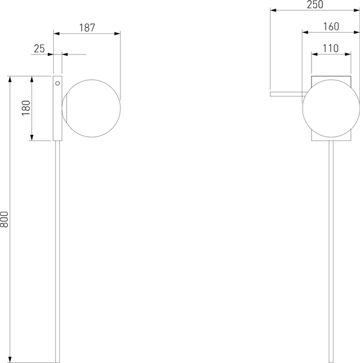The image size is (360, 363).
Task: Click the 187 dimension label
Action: pos(87,28)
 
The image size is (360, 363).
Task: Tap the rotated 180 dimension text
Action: pos(25,108)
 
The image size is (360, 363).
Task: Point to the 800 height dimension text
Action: pos(5,219)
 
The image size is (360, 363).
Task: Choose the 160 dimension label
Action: pos(330,27)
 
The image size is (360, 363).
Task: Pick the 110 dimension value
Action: pos(330,48)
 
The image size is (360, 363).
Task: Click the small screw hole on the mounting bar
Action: pos(57,82)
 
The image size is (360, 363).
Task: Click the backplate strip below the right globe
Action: pos(331,139)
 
